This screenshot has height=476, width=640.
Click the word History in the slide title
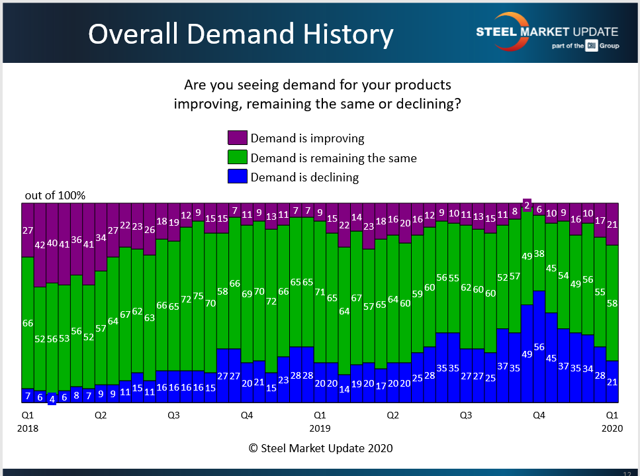[338, 34]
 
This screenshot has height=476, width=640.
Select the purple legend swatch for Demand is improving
[238, 138]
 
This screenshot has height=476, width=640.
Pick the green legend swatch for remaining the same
[238, 158]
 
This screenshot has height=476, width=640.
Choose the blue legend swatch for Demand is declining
[238, 177]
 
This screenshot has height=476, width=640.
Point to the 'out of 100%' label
[55, 195]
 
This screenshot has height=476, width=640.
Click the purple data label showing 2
[527, 205]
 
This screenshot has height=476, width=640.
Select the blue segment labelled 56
[539, 346]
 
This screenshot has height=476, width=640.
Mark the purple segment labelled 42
[40, 244]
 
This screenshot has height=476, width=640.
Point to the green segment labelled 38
[539, 253]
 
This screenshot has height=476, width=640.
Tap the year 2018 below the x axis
[28, 428]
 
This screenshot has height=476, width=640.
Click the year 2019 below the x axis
[320, 428]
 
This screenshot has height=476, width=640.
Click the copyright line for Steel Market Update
[320, 448]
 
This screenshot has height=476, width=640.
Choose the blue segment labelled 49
[527, 354]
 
